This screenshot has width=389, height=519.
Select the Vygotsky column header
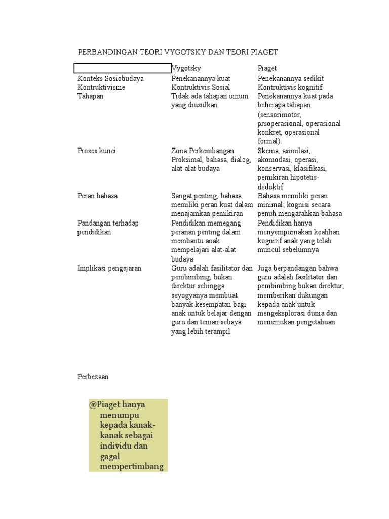[x=186, y=68]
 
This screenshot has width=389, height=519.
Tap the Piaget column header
[x=267, y=68]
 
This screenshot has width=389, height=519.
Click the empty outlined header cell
[x=123, y=68]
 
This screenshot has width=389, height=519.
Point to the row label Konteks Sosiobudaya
[x=110, y=78]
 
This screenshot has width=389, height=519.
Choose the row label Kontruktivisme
[x=101, y=87]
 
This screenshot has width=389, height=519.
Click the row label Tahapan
[x=90, y=96]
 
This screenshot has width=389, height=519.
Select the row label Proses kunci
[x=96, y=151]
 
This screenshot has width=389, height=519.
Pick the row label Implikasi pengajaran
[x=109, y=268]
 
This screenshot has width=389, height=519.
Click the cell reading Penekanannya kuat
[x=201, y=78]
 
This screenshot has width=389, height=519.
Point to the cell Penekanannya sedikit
[x=291, y=78]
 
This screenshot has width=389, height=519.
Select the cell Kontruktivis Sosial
[x=201, y=87]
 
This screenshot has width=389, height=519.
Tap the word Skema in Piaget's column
[x=268, y=151]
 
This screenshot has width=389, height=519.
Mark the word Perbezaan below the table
[x=93, y=377]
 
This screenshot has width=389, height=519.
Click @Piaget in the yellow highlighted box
[x=104, y=405]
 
